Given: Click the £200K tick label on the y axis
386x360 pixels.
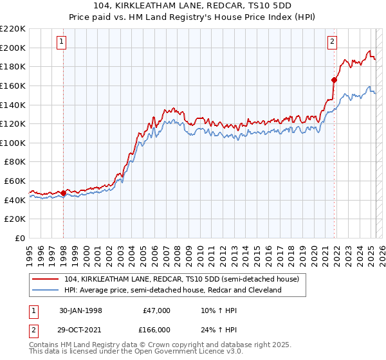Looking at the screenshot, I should pyautogui.click(x=13, y=48).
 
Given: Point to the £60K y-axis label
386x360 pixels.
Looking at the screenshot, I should pyautogui.click(x=15, y=181).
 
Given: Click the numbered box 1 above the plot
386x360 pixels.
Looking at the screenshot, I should pyautogui.click(x=61, y=42).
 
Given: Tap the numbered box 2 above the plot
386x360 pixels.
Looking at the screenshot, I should pyautogui.click(x=332, y=42).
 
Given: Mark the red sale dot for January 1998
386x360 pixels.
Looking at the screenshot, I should pyautogui.click(x=64, y=193).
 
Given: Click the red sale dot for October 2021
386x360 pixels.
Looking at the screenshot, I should pyautogui.click(x=334, y=80).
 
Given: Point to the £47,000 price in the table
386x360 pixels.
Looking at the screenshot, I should pyautogui.click(x=155, y=310).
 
